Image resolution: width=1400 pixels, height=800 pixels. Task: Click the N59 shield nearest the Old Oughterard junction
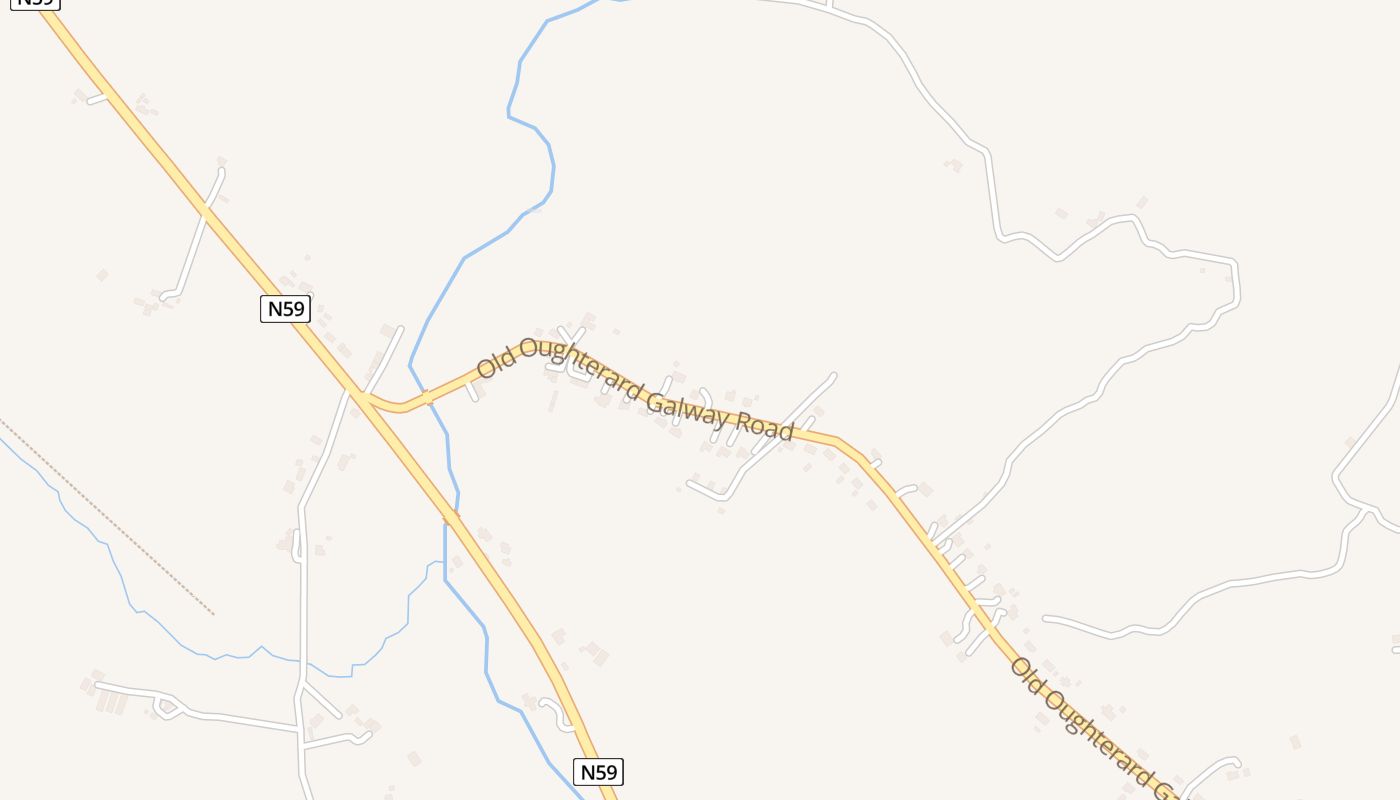pyautogui.click(x=285, y=309)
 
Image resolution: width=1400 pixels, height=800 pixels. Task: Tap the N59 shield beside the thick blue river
pyautogui.click(x=598, y=772)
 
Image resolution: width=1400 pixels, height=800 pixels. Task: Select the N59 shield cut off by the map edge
pyautogui.click(x=36, y=3)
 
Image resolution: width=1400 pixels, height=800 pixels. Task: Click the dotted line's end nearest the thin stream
pyautogui.click(x=213, y=613)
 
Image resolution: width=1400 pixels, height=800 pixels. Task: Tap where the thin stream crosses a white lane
pyautogui.click(x=301, y=661)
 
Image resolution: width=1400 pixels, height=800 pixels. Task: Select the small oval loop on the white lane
pyautogui.click(x=166, y=708)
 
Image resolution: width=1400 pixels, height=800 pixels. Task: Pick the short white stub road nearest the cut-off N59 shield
pyautogui.click(x=97, y=98)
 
